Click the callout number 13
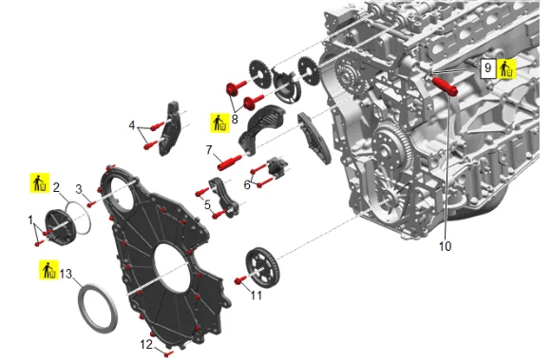[66, 273]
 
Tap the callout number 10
[445, 246]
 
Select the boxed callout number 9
[487, 67]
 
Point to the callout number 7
[209, 150]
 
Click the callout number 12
[146, 344]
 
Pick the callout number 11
[256, 295]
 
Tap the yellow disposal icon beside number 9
[506, 68]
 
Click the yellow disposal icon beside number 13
[48, 270]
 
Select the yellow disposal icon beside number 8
[220, 123]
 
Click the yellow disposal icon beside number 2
[40, 182]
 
